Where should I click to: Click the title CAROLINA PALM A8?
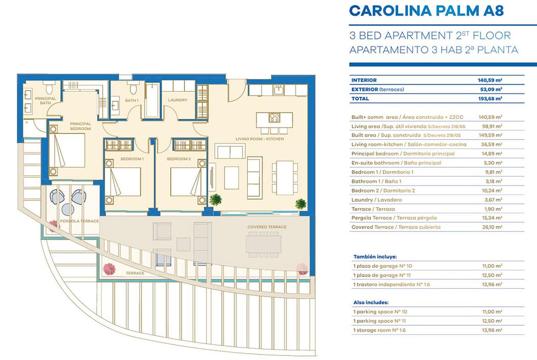click(426, 11)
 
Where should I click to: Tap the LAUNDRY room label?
click(178, 100)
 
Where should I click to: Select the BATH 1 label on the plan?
click(132, 100)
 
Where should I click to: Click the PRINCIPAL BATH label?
click(45, 100)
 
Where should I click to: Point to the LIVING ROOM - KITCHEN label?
click(260, 139)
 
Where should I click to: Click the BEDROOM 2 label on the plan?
click(179, 159)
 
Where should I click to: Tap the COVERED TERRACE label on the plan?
click(267, 227)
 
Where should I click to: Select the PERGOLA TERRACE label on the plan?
click(79, 221)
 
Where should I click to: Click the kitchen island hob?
click(274, 118)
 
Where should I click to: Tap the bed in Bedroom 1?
click(123, 181)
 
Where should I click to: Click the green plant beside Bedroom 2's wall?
click(216, 199)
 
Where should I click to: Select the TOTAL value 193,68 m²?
click(490, 99)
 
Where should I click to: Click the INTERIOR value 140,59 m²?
click(490, 80)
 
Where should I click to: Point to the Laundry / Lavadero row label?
click(377, 200)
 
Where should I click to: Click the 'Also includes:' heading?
click(371, 303)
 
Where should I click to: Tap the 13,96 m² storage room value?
click(492, 330)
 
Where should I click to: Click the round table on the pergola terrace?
click(68, 209)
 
